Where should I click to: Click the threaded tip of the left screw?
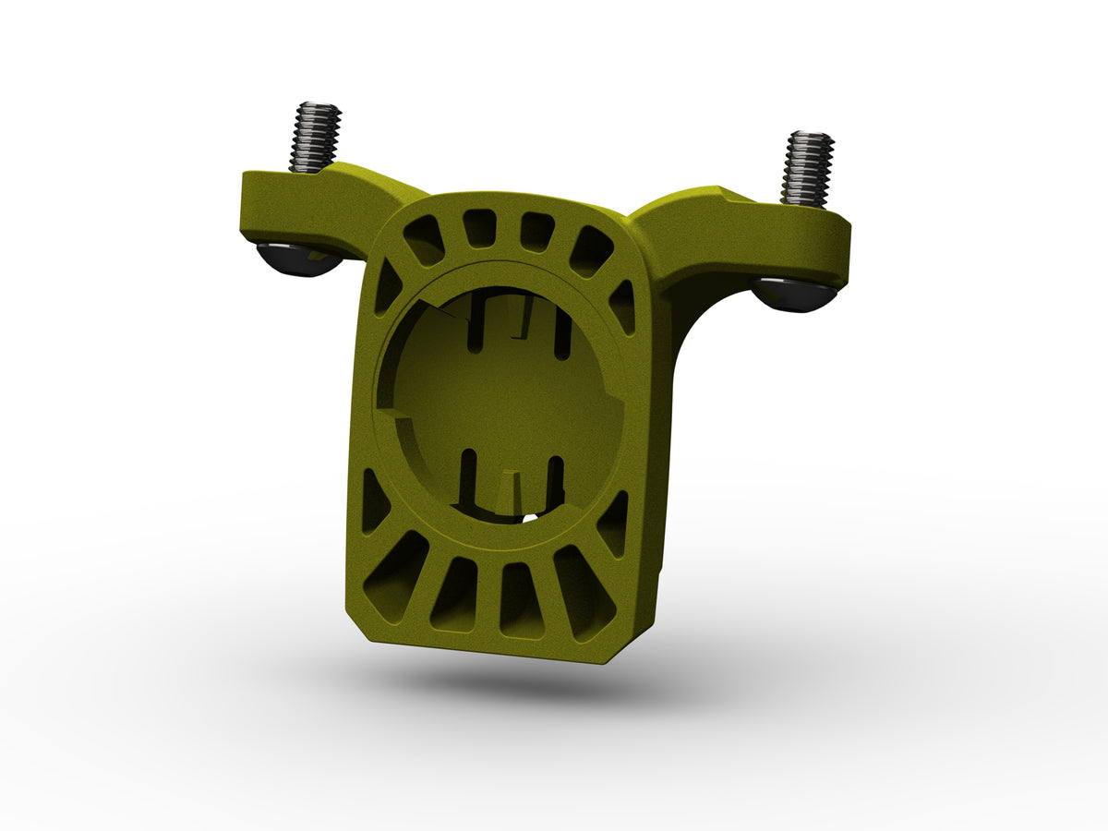click(x=315, y=136)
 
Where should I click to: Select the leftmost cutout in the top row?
click(x=424, y=240)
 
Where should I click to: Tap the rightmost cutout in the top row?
click(x=591, y=251)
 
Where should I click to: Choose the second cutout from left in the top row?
click(x=478, y=227)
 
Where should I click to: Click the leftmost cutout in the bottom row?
click(x=396, y=576)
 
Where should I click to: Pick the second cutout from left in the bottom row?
click(x=455, y=595)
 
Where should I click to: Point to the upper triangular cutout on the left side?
click(x=387, y=287)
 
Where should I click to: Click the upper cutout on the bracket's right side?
click(x=623, y=306)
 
